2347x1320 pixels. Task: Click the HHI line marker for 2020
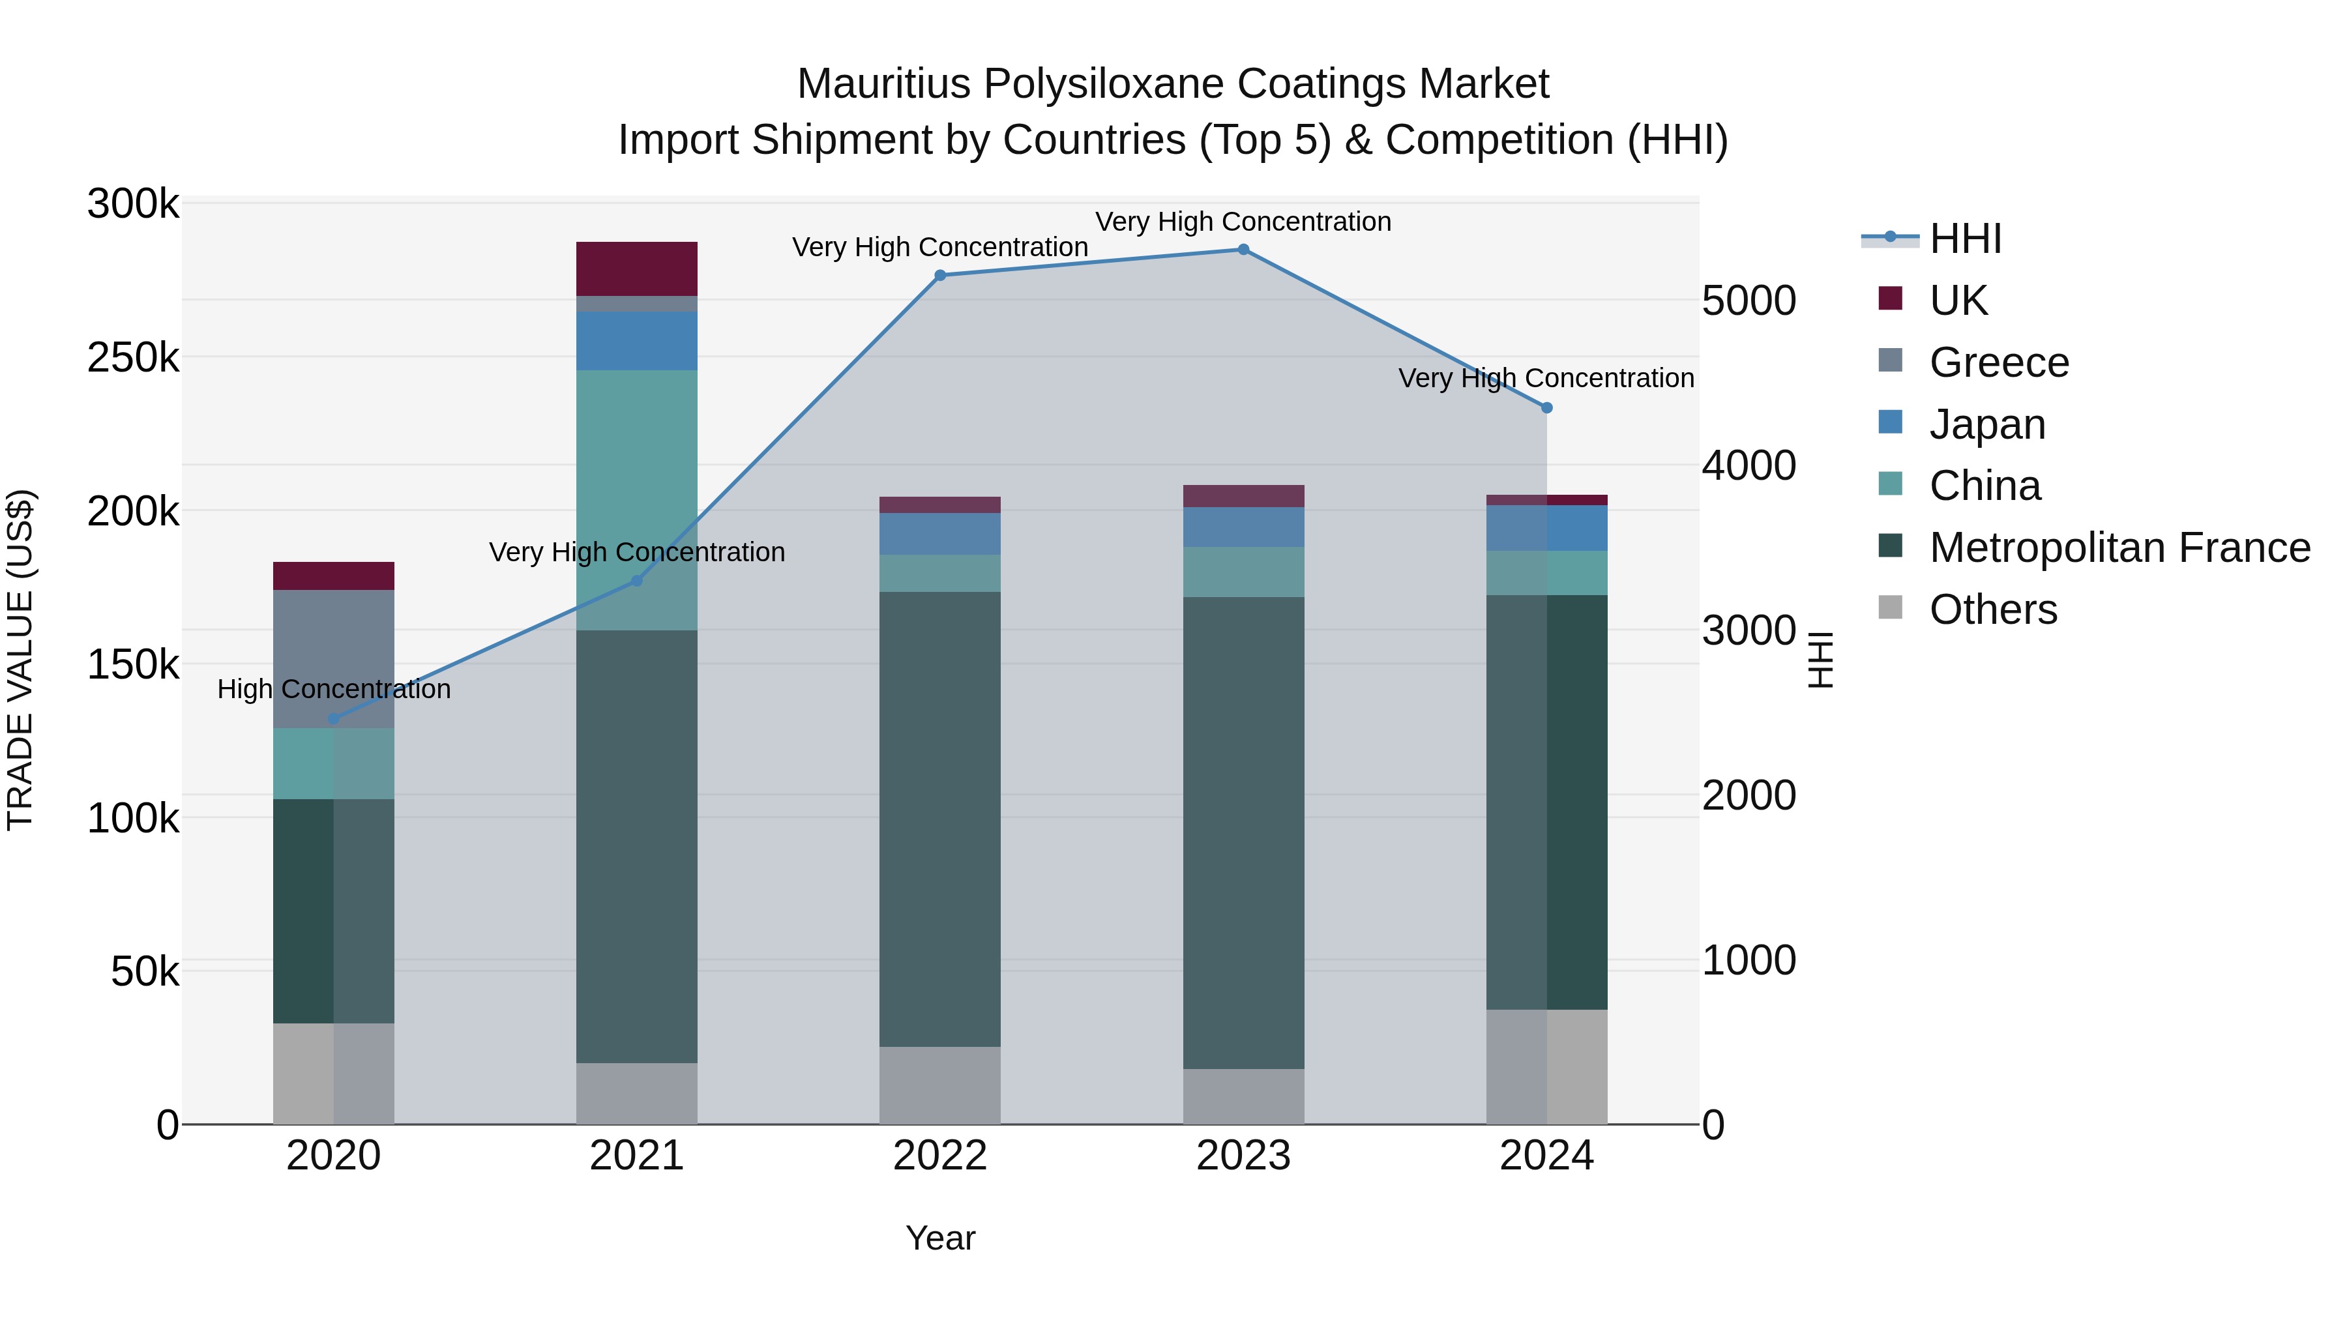(333, 719)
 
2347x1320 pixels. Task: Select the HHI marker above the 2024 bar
(1546, 408)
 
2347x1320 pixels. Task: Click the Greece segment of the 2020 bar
(333, 658)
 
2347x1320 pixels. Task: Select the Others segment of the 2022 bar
(939, 1084)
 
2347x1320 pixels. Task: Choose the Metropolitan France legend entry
(2119, 548)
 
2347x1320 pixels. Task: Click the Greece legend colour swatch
(1891, 360)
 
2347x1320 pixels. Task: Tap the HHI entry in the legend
(1965, 239)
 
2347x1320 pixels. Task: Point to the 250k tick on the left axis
(133, 358)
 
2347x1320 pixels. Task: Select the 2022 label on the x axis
(939, 1156)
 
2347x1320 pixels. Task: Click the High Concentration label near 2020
(333, 689)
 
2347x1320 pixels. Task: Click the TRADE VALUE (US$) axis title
(21, 660)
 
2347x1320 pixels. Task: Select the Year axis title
(939, 1238)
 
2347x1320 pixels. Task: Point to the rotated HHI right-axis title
(1820, 660)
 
